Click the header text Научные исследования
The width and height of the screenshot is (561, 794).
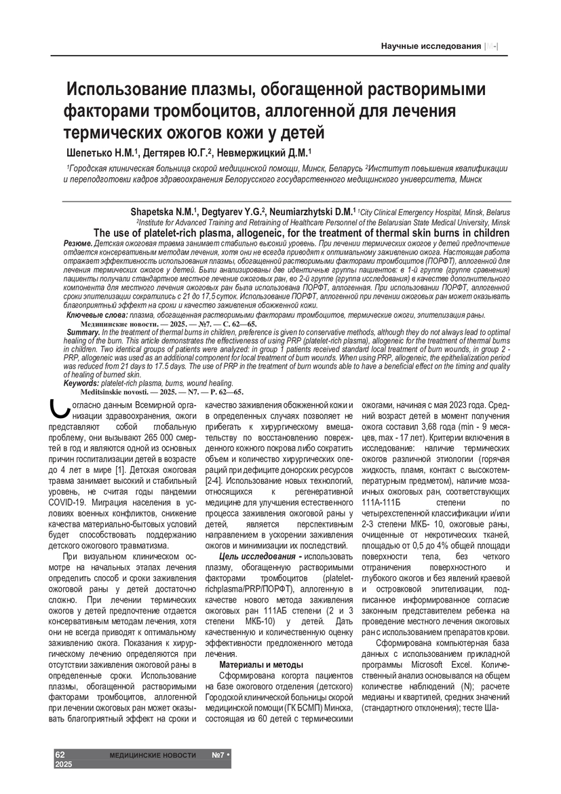click(430, 45)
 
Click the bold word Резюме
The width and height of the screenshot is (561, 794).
click(77, 243)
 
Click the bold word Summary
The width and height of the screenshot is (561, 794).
click(83, 332)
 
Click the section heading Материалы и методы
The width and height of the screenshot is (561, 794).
click(262, 664)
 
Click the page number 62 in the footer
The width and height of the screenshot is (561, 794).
click(60, 755)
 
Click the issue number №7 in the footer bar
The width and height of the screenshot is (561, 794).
click(218, 755)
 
